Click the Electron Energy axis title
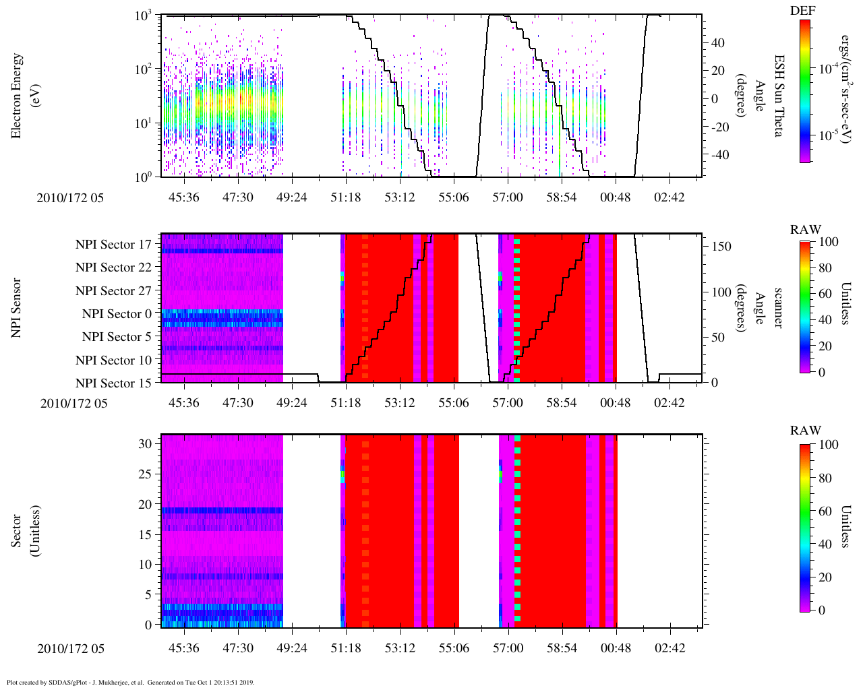pyautogui.click(x=17, y=96)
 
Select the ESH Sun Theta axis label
pyautogui.click(x=777, y=96)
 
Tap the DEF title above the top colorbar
pyautogui.click(x=803, y=10)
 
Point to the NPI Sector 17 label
pyautogui.click(x=113, y=245)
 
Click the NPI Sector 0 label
pyautogui.click(x=117, y=314)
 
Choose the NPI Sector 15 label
pyautogui.click(x=113, y=383)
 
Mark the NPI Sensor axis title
pyautogui.click(x=17, y=307)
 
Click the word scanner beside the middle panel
pyautogui.click(x=777, y=308)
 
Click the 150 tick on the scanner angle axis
pyautogui.click(x=721, y=247)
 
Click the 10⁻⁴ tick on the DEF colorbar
pyautogui.click(x=828, y=69)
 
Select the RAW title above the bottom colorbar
pyautogui.click(x=806, y=431)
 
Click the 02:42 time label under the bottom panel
pyautogui.click(x=669, y=648)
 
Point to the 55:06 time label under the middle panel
pyautogui.click(x=453, y=403)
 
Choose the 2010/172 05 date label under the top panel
pyautogui.click(x=70, y=198)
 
